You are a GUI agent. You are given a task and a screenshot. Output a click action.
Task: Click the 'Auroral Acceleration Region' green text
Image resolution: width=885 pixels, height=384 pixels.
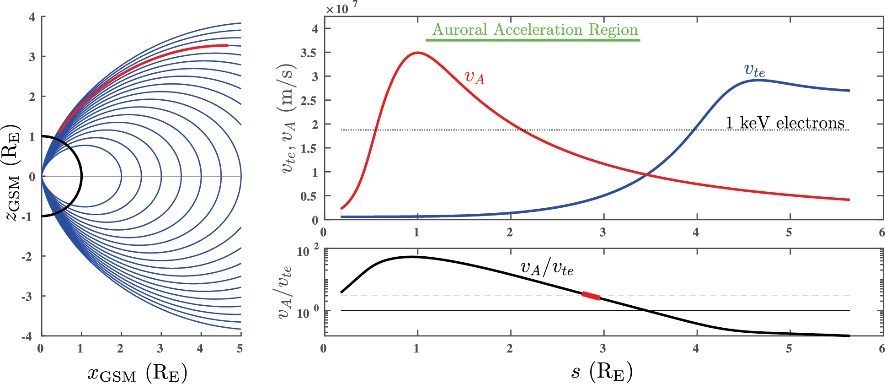[535, 30]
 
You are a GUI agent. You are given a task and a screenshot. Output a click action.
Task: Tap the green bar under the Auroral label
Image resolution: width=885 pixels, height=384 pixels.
[533, 40]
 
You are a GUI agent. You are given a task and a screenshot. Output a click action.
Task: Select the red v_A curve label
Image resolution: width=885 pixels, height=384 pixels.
[474, 77]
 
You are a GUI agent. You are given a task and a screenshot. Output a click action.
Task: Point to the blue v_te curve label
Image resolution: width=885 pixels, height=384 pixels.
[754, 70]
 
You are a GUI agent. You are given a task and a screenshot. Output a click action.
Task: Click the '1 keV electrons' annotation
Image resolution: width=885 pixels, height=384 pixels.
[785, 123]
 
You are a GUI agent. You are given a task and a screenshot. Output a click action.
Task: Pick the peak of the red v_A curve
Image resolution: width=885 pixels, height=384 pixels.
[417, 53]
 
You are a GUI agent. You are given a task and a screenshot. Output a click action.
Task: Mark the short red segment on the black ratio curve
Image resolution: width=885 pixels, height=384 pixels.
[591, 296]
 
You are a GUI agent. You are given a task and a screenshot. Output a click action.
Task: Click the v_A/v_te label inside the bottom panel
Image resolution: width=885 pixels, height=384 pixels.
[547, 268]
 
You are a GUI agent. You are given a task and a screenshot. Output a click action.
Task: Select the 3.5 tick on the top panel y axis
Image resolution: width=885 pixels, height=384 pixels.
[308, 53]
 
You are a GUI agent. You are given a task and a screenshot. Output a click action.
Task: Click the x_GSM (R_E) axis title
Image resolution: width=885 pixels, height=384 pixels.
[137, 373]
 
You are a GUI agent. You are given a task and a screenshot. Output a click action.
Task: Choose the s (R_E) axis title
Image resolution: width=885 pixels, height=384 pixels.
[602, 371]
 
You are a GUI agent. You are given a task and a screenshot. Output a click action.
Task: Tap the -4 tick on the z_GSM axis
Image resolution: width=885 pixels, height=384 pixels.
[27, 336]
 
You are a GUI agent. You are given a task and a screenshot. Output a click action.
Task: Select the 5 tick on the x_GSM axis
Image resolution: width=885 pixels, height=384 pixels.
[240, 349]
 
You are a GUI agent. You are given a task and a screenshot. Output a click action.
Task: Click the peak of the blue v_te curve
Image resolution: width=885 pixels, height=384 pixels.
[757, 81]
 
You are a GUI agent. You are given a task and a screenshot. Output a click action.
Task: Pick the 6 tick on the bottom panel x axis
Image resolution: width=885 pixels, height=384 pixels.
[881, 349]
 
